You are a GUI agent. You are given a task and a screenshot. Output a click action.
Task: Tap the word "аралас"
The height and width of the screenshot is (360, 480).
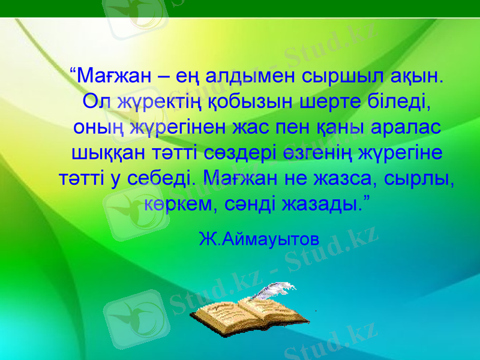tap(406, 128)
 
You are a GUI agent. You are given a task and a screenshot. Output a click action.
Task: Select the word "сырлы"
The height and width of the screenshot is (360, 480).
tap(424, 179)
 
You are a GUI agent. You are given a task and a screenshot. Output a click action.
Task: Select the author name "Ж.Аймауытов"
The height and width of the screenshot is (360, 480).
tap(259, 239)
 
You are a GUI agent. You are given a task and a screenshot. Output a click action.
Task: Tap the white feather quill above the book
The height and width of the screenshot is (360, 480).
tap(273, 292)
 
